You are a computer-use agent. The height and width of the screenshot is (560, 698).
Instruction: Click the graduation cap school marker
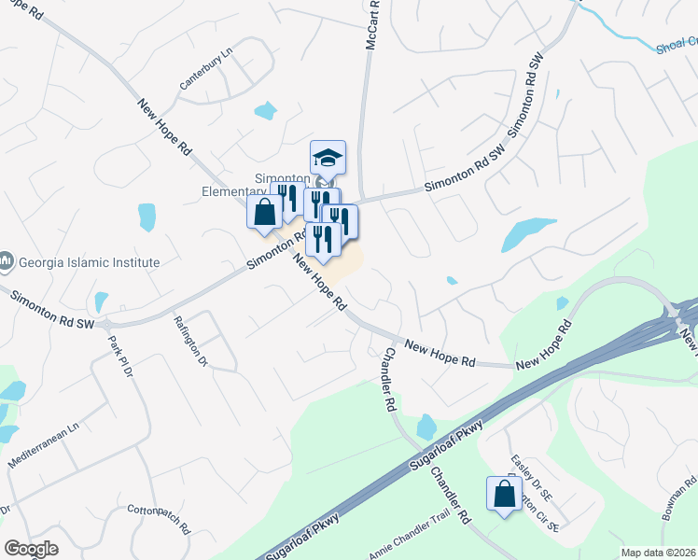pyautogui.click(x=328, y=157)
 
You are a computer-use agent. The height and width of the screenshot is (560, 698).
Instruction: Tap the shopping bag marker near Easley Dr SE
pyautogui.click(x=504, y=494)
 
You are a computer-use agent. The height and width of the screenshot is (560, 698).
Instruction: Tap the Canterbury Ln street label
pyautogui.click(x=204, y=69)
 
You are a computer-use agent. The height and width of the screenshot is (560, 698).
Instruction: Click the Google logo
pyautogui.click(x=31, y=548)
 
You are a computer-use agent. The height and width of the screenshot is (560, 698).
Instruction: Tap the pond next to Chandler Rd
pyautogui.click(x=426, y=427)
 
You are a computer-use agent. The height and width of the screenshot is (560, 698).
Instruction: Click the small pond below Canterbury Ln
pyautogui.click(x=266, y=111)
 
